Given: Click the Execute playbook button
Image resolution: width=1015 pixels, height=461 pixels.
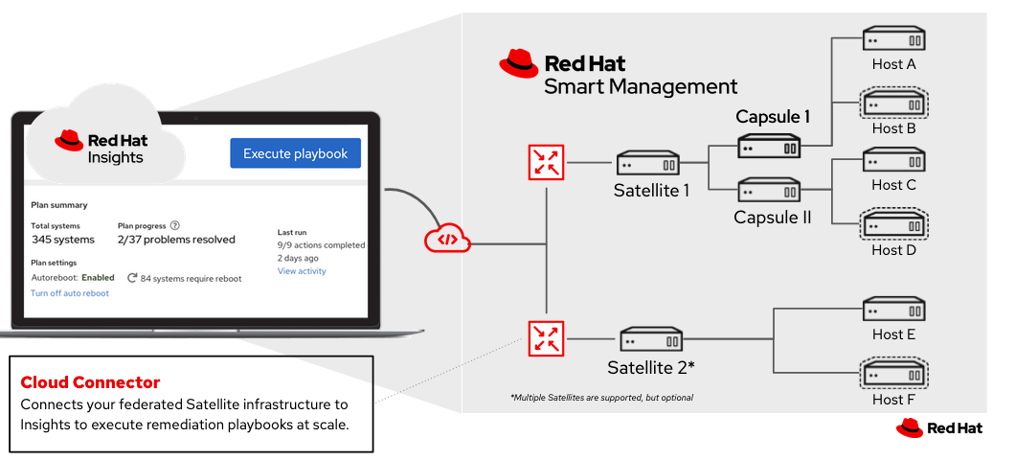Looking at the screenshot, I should click(295, 153).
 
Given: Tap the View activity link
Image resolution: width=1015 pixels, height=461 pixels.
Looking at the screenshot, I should click(302, 271).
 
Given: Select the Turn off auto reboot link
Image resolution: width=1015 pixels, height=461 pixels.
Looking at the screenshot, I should click(70, 293).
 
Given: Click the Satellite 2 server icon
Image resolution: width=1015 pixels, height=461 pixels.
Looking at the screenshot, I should click(651, 339).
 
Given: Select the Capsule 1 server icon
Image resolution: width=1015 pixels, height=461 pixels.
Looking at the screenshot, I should click(769, 146).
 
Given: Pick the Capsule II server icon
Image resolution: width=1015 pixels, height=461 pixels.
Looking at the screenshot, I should click(769, 190).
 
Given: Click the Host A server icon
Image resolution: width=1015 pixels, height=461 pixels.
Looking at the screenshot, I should click(893, 39).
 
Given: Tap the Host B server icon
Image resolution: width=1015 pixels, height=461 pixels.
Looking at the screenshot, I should click(893, 102).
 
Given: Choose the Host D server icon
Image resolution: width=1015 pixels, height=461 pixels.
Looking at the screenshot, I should click(893, 225).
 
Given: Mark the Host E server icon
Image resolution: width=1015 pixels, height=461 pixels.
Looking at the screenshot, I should click(893, 310).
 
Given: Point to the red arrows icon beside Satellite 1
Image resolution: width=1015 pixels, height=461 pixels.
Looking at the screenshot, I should click(547, 162).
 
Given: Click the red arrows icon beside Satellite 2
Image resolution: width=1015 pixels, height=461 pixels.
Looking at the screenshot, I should click(547, 338).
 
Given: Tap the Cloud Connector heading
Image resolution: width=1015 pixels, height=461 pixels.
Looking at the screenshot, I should click(90, 382).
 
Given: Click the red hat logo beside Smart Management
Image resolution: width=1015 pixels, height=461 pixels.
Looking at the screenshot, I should click(519, 65).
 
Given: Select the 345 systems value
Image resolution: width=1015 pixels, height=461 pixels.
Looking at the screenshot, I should click(62, 239).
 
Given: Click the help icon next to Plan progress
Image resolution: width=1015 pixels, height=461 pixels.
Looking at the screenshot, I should click(175, 225).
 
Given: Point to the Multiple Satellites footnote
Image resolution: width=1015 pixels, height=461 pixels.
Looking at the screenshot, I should click(601, 397).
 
